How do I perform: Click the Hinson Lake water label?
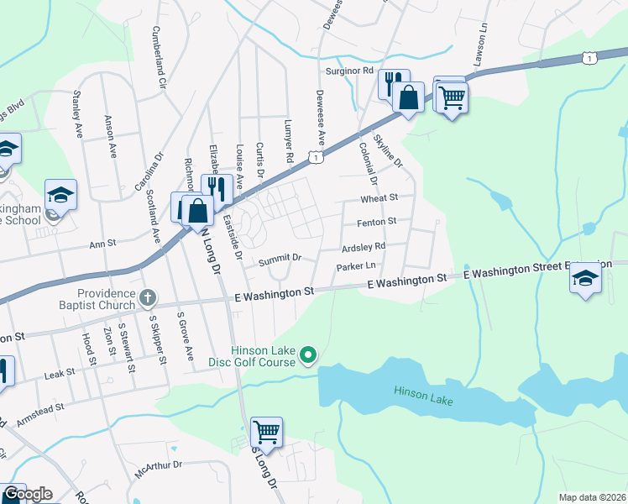[424, 396]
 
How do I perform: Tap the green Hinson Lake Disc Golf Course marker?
[308, 356]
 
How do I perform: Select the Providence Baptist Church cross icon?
[148, 297]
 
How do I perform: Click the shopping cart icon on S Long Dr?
[266, 433]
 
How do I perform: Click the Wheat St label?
[379, 198]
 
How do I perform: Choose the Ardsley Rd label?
[363, 247]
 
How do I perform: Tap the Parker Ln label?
[355, 267]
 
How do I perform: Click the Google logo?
[27, 495]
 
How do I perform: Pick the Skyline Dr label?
[388, 150]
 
